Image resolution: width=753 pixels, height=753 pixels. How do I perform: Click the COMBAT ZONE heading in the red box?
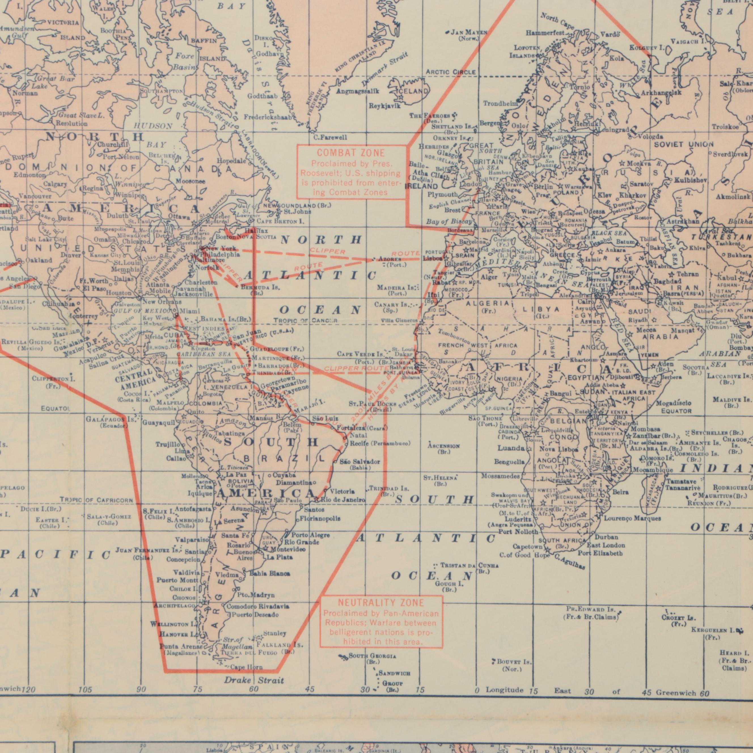pyautogui.click(x=350, y=153)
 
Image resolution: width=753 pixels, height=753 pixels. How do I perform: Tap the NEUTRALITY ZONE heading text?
pyautogui.click(x=380, y=603)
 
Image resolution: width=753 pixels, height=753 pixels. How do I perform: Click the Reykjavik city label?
pyautogui.click(x=385, y=106)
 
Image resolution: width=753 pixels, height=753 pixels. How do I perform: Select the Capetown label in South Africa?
pyautogui.click(x=528, y=547)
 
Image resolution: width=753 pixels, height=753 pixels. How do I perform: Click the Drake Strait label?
pyautogui.click(x=254, y=680)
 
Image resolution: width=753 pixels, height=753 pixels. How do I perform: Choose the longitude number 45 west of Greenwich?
pyautogui.click(x=310, y=689)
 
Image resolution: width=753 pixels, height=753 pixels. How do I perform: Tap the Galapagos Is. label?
pyautogui.click(x=111, y=420)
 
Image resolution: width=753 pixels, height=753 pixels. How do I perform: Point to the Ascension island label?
pyautogui.click(x=443, y=446)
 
